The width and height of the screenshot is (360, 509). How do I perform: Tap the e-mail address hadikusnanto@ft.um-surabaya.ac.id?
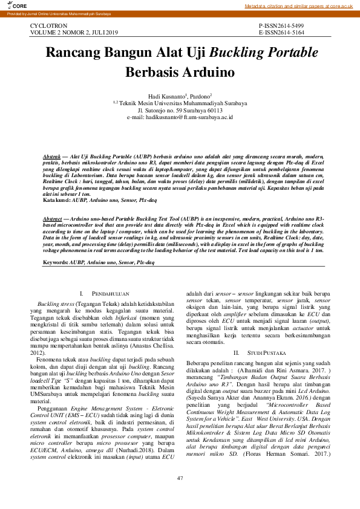[180, 116]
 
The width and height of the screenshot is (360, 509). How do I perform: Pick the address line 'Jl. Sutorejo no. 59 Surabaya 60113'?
[180, 109]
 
